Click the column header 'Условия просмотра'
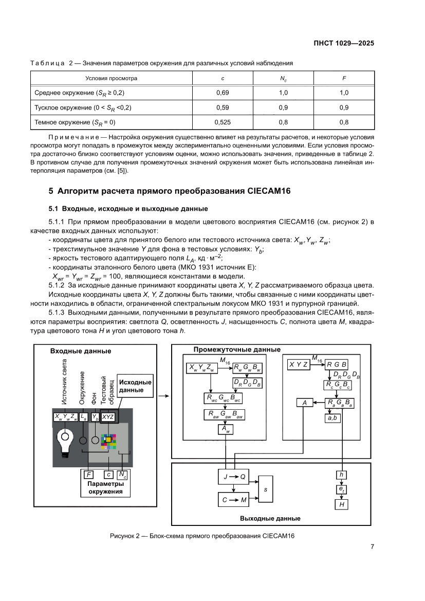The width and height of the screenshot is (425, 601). (111, 78)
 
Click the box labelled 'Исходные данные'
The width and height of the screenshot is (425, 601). (135, 386)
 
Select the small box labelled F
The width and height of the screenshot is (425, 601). (89, 475)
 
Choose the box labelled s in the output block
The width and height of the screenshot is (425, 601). (266, 489)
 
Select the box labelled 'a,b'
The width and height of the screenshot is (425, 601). (331, 418)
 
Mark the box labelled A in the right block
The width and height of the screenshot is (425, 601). (304, 403)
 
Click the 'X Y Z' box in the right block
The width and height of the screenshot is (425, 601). (299, 365)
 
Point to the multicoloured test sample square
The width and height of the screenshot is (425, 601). (108, 441)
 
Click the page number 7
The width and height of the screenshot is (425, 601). (372, 547)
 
